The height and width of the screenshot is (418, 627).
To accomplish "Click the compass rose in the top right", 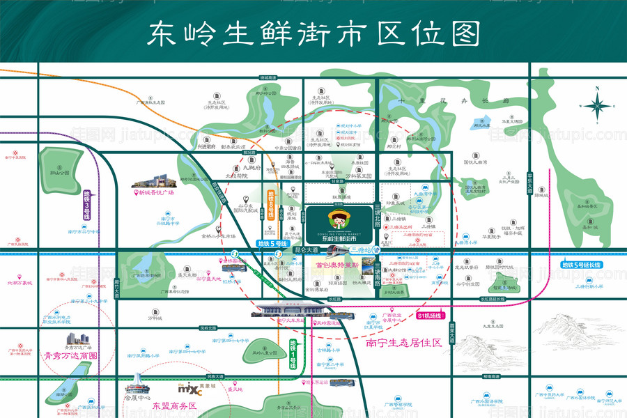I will [x=597, y=107].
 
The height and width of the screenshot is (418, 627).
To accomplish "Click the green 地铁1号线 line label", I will [x=293, y=355].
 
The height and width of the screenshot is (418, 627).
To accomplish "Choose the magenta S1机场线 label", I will [x=431, y=316].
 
